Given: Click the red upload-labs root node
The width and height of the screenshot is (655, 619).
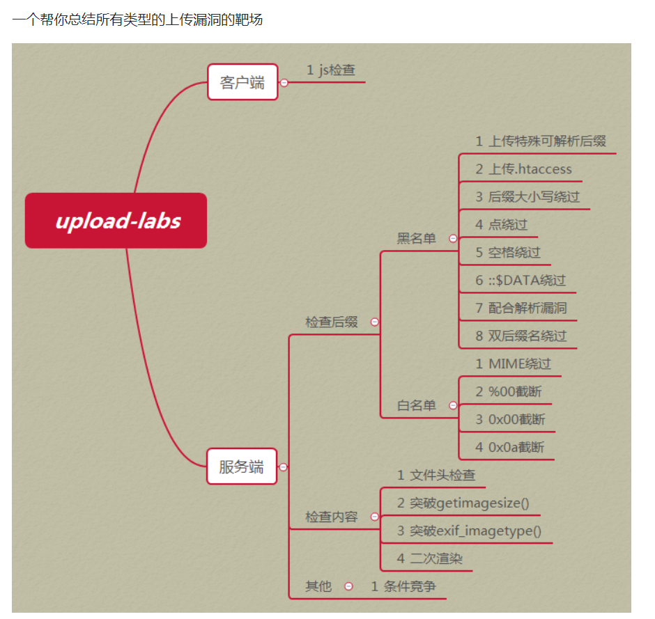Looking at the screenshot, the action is pos(116,221).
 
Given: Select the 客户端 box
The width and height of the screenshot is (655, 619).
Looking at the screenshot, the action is pos(242,82).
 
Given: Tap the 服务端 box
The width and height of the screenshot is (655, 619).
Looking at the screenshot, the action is pos(242,467).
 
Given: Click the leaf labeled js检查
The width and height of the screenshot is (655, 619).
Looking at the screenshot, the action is pos(331,70).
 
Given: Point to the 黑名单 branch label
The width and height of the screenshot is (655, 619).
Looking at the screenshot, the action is pos(416,239).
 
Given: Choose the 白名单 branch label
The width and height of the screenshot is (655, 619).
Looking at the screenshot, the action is pos(416,405).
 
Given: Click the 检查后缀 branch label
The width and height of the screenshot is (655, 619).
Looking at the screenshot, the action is pos(332,322).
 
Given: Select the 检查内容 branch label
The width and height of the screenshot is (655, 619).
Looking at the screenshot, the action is pos(332,517).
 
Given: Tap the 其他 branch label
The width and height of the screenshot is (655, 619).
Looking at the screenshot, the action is pos(318,586).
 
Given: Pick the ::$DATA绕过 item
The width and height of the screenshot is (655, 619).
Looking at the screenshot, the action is pos(521,280).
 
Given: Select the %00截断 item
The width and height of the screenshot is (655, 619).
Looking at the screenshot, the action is pos(509,391).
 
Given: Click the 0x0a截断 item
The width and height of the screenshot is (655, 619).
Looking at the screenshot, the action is pos(510,447).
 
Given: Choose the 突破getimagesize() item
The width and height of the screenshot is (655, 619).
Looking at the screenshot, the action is pos(464,503).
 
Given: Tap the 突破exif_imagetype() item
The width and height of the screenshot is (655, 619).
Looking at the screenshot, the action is pos(470,531).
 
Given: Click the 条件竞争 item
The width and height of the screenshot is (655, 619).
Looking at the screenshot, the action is pos(403,586).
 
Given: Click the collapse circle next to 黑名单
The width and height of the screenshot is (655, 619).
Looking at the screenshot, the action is pos(453,239).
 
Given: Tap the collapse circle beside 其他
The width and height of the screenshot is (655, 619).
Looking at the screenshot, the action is pos(348,586).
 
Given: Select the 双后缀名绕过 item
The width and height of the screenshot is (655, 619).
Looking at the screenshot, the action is pos(521,336).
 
